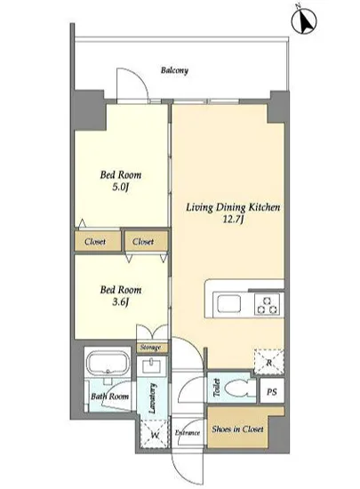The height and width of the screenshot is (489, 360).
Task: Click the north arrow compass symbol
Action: [x=304, y=20]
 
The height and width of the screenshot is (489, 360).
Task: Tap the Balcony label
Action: [x=174, y=70]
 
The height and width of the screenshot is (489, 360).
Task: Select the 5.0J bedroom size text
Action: [x=121, y=187]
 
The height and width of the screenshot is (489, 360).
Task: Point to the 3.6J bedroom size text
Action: [x=121, y=302]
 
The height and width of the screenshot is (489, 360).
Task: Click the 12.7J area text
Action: [x=233, y=220]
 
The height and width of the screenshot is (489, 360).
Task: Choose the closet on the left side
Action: [x=98, y=241]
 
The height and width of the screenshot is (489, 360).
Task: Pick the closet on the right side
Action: [x=147, y=241]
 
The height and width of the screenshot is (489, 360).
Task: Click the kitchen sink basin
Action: [x=229, y=304]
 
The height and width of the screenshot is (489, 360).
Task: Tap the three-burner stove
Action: [x=267, y=305]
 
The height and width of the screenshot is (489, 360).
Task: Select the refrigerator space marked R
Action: [x=269, y=362]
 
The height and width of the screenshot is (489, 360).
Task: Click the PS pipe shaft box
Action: [x=272, y=391]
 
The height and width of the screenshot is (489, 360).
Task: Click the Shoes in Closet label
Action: [x=237, y=429]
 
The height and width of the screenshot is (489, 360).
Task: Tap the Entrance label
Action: [x=188, y=433]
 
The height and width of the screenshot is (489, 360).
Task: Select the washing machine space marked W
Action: [x=155, y=434]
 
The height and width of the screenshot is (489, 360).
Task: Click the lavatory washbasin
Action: [x=151, y=365]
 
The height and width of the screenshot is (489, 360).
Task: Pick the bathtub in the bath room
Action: [x=108, y=363]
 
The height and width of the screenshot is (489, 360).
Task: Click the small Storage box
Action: [x=151, y=348]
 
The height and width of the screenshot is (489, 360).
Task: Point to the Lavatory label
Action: [x=152, y=398]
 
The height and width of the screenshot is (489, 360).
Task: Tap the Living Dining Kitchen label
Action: [x=233, y=207]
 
